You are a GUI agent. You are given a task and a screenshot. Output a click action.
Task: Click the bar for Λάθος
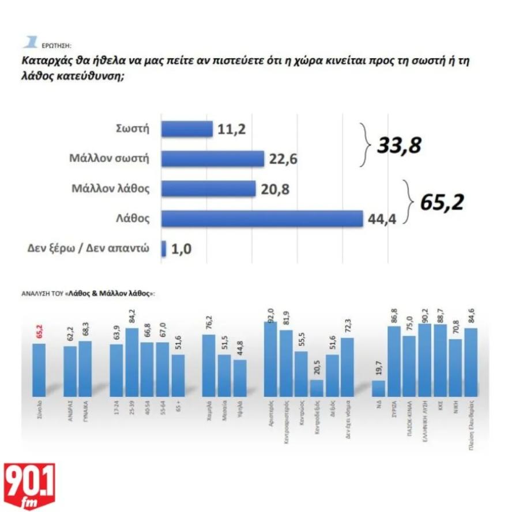(x=262, y=219)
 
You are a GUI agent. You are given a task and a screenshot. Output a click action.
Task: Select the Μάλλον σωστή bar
(x=212, y=158)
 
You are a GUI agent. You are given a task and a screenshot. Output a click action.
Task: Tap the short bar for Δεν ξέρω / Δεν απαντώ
(x=164, y=249)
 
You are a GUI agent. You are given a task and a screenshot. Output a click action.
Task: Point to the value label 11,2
(x=232, y=129)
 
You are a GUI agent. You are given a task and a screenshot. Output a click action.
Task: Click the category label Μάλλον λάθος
(x=111, y=188)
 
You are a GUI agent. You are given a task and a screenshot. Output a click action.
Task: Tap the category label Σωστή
(x=133, y=128)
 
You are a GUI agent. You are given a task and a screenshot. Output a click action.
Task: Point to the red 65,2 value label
(x=40, y=332)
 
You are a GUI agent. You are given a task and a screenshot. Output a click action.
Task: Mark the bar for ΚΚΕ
(x=441, y=360)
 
